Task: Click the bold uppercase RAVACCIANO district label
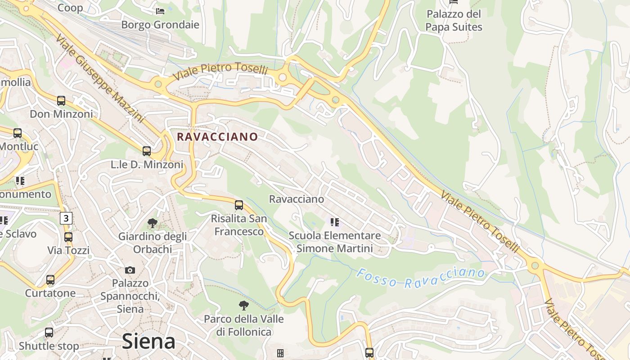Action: (x=217, y=137)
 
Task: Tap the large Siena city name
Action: (x=148, y=341)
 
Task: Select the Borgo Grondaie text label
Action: (x=160, y=25)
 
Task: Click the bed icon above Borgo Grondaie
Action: (x=160, y=11)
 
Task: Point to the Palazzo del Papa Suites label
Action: (x=454, y=21)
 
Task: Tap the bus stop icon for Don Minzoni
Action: (x=61, y=101)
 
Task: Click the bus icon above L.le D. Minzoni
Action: (x=147, y=151)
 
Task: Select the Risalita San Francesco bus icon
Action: (x=239, y=205)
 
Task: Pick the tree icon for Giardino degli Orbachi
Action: (x=153, y=223)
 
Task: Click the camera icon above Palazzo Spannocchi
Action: (x=130, y=270)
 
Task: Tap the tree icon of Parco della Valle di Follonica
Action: (x=244, y=306)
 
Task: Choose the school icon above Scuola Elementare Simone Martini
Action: (x=334, y=222)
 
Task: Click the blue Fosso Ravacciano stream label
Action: (x=421, y=278)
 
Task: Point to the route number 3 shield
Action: (x=66, y=219)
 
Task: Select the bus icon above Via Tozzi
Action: (x=68, y=237)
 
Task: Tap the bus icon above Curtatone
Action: (x=50, y=280)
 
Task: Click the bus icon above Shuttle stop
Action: (x=49, y=333)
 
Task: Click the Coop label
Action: (x=70, y=8)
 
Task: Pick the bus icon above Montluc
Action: (x=18, y=133)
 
